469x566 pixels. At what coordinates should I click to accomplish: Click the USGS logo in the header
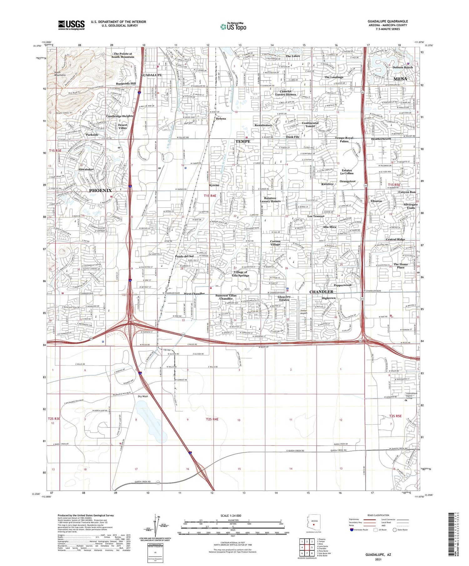[x=71, y=25]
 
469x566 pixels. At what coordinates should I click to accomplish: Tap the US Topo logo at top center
[x=233, y=27]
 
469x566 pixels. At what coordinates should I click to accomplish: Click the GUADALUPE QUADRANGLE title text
[x=387, y=21]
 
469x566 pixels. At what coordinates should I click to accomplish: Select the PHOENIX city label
[x=100, y=190]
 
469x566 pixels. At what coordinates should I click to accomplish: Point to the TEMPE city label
[x=243, y=141]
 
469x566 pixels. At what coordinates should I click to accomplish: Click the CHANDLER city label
[x=321, y=292]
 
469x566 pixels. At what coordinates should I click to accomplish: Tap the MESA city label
[x=400, y=79]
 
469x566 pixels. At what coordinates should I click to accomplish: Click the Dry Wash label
[x=143, y=396]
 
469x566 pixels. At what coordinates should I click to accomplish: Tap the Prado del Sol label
[x=184, y=256]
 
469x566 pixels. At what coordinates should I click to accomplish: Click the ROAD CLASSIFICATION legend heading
[x=378, y=515]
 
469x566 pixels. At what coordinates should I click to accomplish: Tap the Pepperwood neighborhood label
[x=342, y=285]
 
